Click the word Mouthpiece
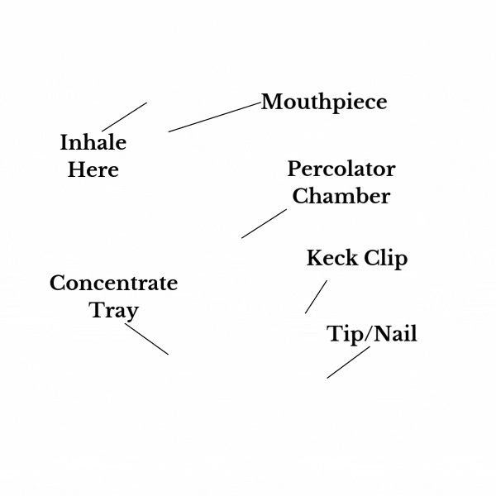(x=324, y=103)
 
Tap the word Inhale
(x=93, y=142)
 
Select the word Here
(x=93, y=169)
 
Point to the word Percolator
(x=341, y=169)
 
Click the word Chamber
(x=341, y=196)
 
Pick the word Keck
(x=332, y=258)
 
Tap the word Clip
(x=385, y=259)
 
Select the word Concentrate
(x=114, y=283)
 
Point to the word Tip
(x=346, y=335)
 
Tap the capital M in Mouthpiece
(x=273, y=102)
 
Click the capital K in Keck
(x=316, y=258)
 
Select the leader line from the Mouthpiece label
(x=215, y=117)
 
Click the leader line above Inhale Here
(x=124, y=117)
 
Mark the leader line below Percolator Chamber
(x=265, y=223)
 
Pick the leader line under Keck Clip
(x=316, y=297)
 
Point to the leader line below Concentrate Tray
(x=147, y=339)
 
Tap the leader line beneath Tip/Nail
(x=348, y=362)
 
